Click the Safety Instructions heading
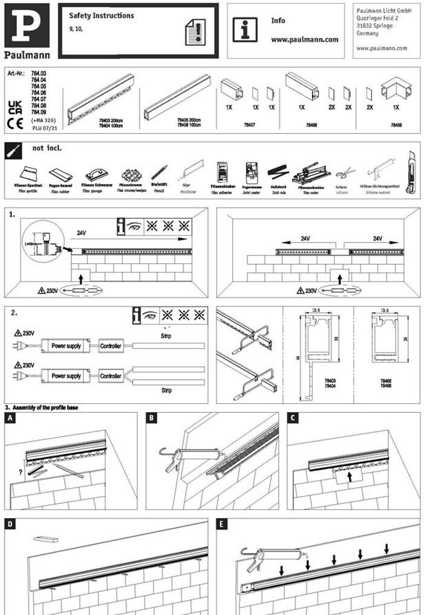pyautogui.click(x=102, y=16)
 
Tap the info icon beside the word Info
pyautogui.click(x=245, y=29)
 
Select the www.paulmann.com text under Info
pyautogui.click(x=304, y=39)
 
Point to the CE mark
pyautogui.click(x=15, y=125)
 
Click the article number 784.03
pyautogui.click(x=39, y=73)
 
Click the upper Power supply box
pyautogui.click(x=66, y=346)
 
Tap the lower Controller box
pyautogui.click(x=110, y=376)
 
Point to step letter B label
pyautogui.click(x=152, y=418)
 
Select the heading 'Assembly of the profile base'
pyautogui.click(x=45, y=408)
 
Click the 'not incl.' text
pyautogui.click(x=47, y=148)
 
